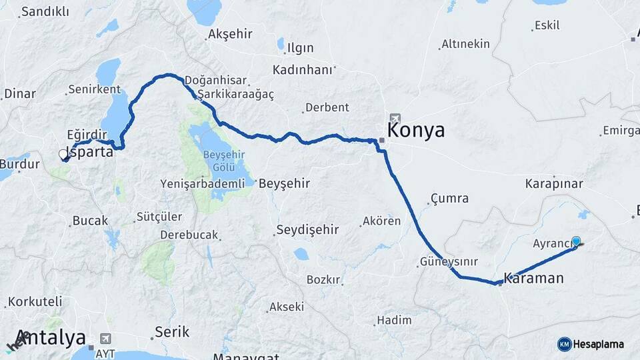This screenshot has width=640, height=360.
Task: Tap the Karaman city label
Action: tap(534, 278)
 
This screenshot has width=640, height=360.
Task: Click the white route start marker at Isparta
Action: tap(63, 154)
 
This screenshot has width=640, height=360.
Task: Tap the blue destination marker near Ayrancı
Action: tap(577, 241)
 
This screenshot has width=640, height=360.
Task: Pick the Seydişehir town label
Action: tap(309, 230)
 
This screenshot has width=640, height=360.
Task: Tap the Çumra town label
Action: tap(449, 198)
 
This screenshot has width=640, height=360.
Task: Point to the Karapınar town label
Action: tap(554, 183)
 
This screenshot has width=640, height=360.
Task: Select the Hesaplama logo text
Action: tap(599, 344)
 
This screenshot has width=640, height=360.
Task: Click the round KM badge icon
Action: tap(564, 344)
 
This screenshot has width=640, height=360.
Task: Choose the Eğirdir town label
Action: tap(87, 134)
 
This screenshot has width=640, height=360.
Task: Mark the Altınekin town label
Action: tap(465, 44)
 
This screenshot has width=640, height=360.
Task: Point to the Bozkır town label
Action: tap(323, 279)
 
